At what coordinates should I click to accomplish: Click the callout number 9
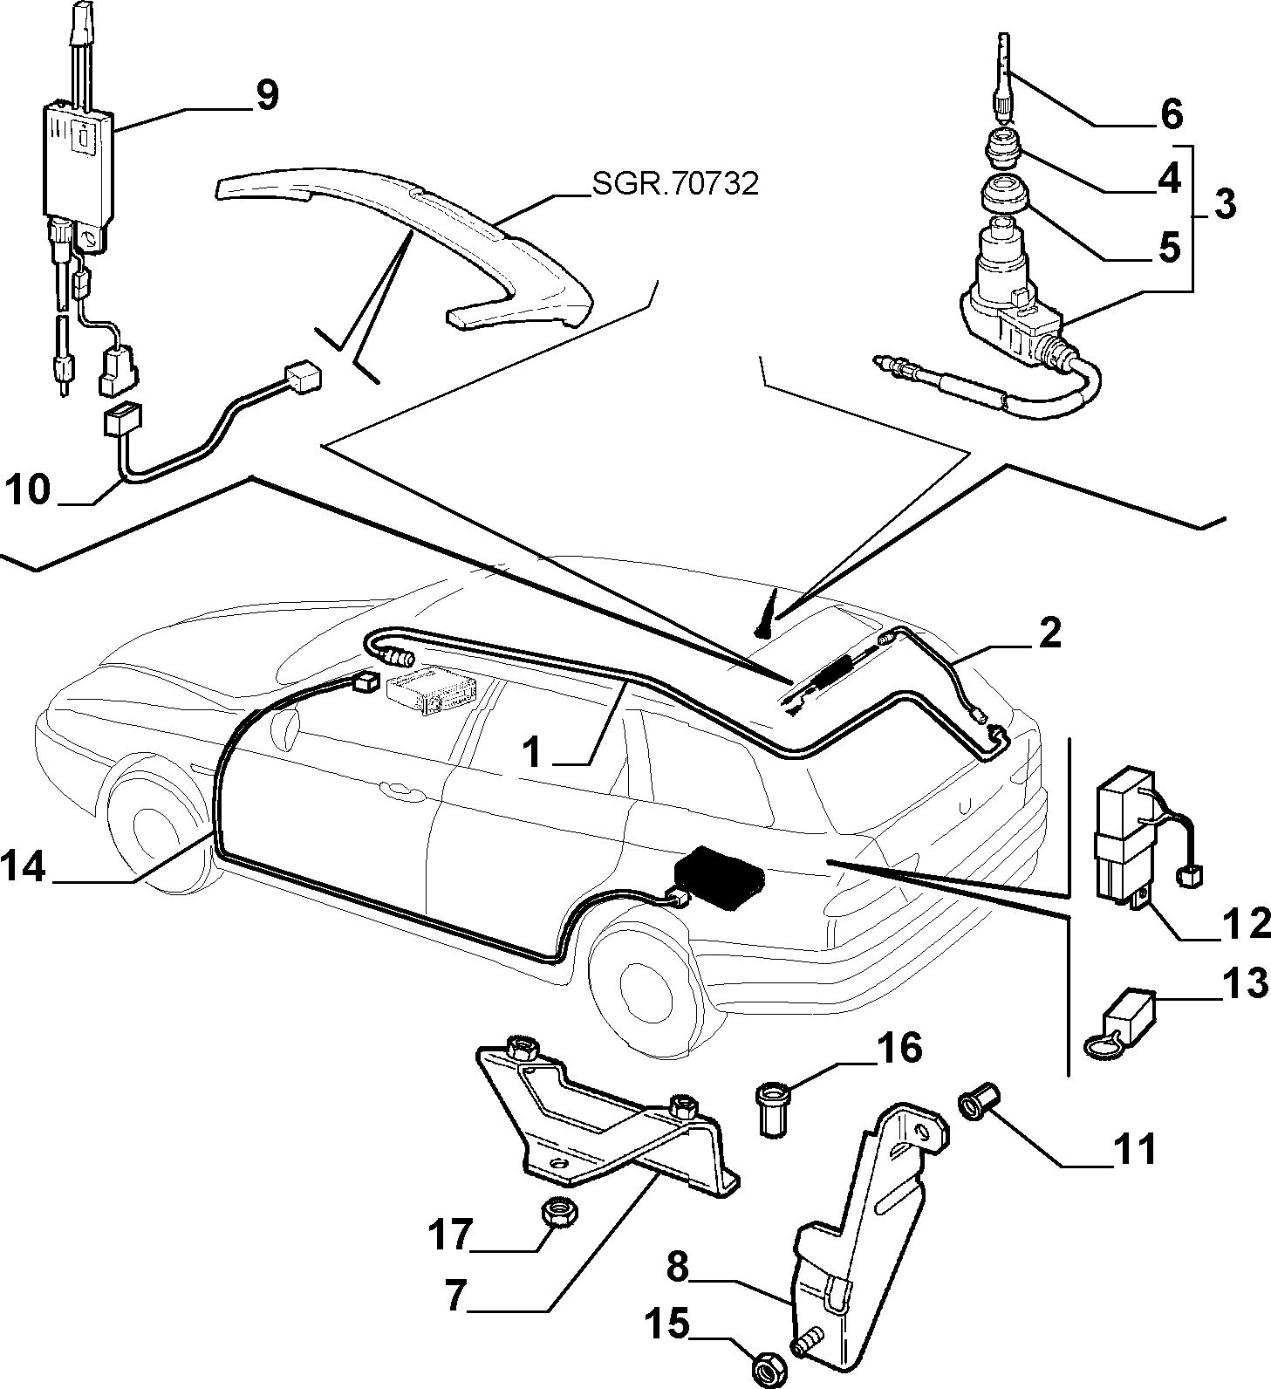[x=265, y=96]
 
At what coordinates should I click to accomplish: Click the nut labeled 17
[x=554, y=1211]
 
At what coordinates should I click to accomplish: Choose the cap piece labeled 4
[x=1002, y=148]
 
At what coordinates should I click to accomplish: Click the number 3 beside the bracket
[x=1224, y=203]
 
